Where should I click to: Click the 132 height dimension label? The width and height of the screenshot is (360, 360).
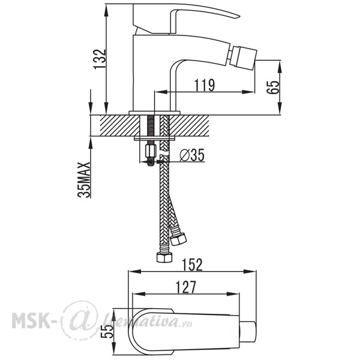[x=100, y=59]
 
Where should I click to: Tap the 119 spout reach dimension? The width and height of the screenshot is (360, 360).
[x=205, y=85]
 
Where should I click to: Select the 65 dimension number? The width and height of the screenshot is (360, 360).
[x=273, y=87]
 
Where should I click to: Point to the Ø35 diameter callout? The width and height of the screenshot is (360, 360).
[x=192, y=155]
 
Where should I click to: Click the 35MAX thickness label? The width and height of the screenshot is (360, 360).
[x=84, y=179]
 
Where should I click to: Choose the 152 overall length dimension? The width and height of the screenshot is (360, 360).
[x=193, y=265]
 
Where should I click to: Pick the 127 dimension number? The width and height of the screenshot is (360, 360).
[x=185, y=287]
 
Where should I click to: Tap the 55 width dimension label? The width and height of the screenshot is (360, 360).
[x=107, y=331]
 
